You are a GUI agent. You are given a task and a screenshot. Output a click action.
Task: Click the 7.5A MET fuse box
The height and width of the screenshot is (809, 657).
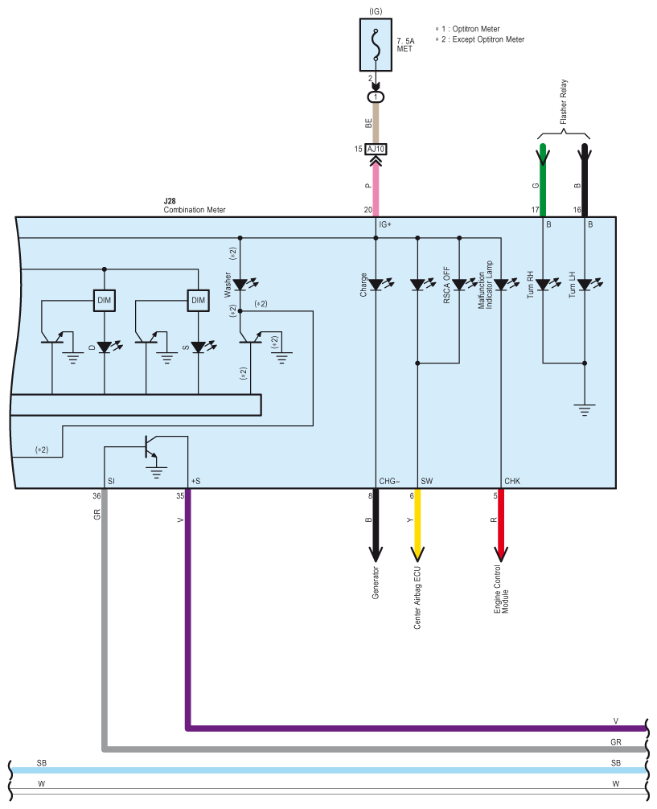pyautogui.click(x=376, y=45)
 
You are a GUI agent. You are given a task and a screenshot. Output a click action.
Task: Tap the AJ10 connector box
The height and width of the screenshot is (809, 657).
pyautogui.click(x=376, y=149)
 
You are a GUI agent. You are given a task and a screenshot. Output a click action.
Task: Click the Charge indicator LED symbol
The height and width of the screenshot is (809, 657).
pyautogui.click(x=376, y=285)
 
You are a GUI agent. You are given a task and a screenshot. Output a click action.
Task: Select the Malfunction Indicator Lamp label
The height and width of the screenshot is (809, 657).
pyautogui.click(x=485, y=285)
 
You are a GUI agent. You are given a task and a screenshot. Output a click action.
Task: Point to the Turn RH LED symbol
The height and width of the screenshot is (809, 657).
pyautogui.click(x=543, y=285)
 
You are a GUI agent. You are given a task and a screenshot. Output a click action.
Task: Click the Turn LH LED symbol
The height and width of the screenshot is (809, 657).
pyautogui.click(x=585, y=285)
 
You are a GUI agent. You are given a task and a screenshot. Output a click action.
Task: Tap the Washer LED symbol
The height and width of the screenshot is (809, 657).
pyautogui.click(x=240, y=285)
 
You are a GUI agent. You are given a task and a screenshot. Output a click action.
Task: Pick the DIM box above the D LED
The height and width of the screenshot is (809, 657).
pyautogui.click(x=105, y=300)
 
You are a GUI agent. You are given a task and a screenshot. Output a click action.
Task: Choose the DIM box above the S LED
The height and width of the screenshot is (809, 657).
pyautogui.click(x=198, y=300)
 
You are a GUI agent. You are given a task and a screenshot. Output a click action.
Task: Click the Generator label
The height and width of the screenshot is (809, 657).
pyautogui.click(x=376, y=582)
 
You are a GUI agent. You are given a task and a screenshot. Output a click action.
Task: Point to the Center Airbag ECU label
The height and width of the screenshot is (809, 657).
pyautogui.click(x=417, y=598)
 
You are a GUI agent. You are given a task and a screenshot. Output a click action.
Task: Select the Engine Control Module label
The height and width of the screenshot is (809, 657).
pyautogui.click(x=501, y=589)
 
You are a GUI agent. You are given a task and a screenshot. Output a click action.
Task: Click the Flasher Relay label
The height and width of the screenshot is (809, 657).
pyautogui.click(x=564, y=101)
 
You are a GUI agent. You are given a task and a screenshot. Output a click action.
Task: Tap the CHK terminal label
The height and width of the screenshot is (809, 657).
pyautogui.click(x=512, y=481)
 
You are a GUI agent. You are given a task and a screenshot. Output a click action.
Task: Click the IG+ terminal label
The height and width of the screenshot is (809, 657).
pyautogui.click(x=385, y=224)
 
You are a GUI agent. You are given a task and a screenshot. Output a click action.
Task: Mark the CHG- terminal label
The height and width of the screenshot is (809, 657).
pyautogui.click(x=390, y=481)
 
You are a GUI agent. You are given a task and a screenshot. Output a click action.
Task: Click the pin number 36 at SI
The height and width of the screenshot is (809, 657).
pyautogui.click(x=96, y=496)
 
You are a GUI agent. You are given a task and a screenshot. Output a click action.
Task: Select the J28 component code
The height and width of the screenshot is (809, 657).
pyautogui.click(x=170, y=201)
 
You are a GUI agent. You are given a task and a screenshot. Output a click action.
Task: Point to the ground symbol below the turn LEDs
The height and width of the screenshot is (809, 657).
pyautogui.click(x=585, y=410)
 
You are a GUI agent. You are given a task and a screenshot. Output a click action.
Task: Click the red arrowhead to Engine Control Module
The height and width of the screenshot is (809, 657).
pyautogui.click(x=501, y=553)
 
